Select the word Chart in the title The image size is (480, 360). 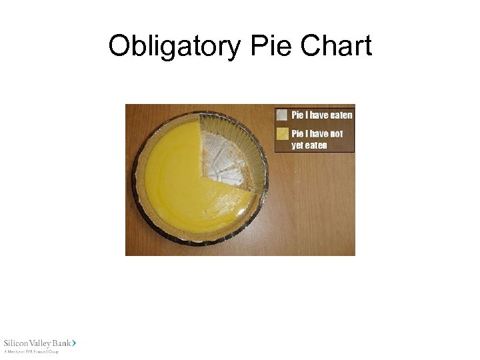337,46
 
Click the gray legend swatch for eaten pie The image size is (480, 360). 283,115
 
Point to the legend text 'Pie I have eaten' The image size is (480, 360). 321,115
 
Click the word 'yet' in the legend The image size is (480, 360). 299,145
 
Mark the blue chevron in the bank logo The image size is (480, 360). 74,342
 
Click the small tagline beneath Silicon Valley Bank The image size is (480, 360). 31,351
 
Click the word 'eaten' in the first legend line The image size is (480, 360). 341,115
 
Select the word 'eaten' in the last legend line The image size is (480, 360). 318,145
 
